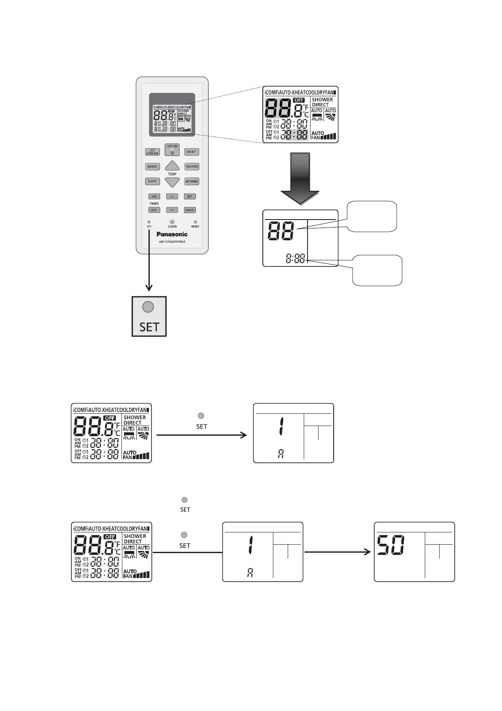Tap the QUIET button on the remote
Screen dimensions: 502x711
(x=192, y=152)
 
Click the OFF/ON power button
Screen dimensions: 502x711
(x=172, y=150)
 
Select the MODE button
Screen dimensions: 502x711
(x=152, y=166)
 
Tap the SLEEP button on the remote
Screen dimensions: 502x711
(x=152, y=181)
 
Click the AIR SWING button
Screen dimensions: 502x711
(x=192, y=181)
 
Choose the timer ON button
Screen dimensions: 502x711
(x=154, y=196)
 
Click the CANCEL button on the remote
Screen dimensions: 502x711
(x=190, y=210)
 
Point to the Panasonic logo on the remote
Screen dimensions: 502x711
(x=172, y=234)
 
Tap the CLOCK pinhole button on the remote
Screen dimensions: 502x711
(x=172, y=222)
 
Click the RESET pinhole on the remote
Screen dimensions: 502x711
(x=195, y=222)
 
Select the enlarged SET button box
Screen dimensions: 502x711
(x=149, y=316)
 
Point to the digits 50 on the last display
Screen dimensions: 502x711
(x=391, y=545)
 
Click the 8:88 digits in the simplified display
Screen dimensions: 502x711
(x=295, y=259)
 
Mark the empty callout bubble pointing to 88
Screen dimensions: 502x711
(x=371, y=217)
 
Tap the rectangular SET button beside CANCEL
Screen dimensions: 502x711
(x=190, y=196)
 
